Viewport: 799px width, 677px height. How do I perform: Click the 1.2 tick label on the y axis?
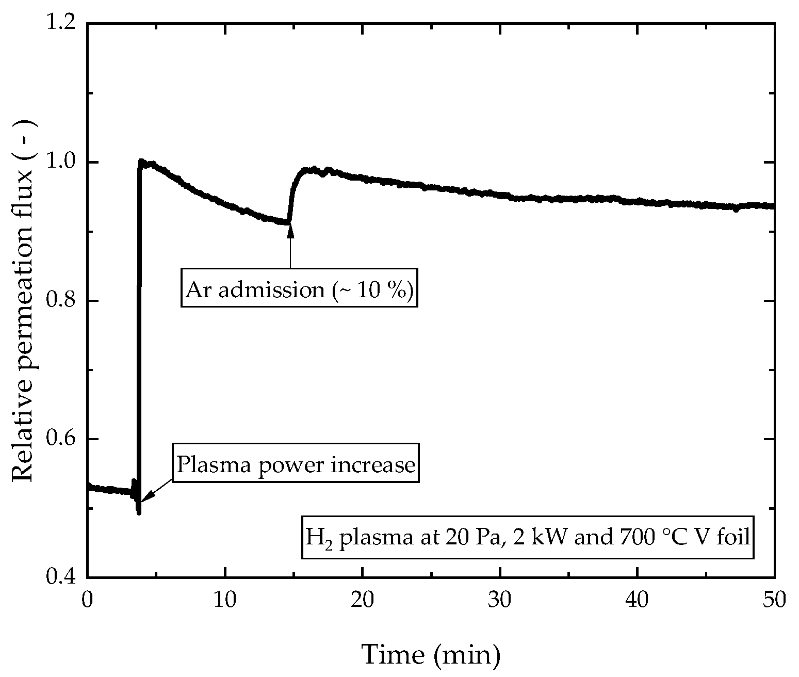pos(60,24)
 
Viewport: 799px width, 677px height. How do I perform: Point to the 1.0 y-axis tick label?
pos(60,162)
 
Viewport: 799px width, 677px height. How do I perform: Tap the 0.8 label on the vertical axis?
pos(60,301)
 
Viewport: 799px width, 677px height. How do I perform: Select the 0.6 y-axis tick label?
pos(60,439)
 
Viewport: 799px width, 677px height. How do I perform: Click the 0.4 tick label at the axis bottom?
pos(60,577)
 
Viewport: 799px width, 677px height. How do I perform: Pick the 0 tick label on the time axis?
pos(88,600)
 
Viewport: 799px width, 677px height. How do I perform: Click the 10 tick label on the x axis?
pos(225,600)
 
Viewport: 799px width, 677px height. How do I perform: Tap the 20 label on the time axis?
pos(363,600)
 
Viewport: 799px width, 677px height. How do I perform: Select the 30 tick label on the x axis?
pos(500,600)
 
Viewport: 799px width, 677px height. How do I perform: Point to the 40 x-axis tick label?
pos(638,600)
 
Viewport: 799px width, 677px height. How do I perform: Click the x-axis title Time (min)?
pos(431,654)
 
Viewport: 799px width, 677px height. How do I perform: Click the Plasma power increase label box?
pos(296,465)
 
